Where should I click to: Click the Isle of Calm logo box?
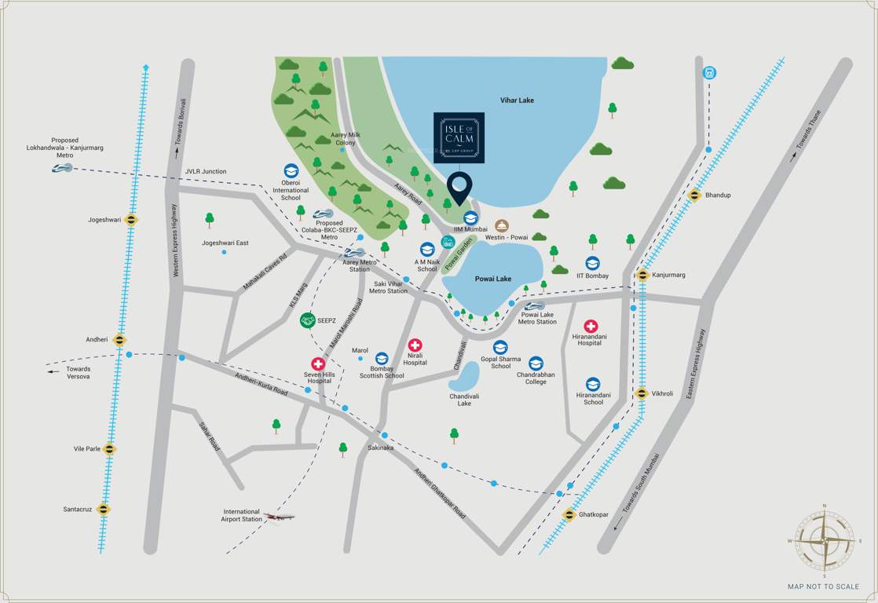coord(459,137)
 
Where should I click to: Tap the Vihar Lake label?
coord(517,100)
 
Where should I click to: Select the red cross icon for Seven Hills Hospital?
coord(318,364)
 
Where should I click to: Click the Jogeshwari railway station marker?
coord(131,220)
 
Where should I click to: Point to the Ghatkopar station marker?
coord(569,514)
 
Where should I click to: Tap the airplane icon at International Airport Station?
coord(279,517)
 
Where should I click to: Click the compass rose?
coord(824,541)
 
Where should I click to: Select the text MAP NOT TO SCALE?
coord(823,587)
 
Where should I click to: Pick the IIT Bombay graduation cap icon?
coord(593,264)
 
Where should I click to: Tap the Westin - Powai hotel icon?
coord(502,226)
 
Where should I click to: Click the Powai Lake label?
coord(493,279)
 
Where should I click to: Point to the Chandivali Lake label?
coord(464,400)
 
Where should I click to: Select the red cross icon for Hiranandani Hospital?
coord(590,326)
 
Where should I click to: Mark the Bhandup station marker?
coord(695,195)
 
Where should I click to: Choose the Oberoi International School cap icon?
coord(291,170)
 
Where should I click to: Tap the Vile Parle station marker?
coord(109,449)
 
